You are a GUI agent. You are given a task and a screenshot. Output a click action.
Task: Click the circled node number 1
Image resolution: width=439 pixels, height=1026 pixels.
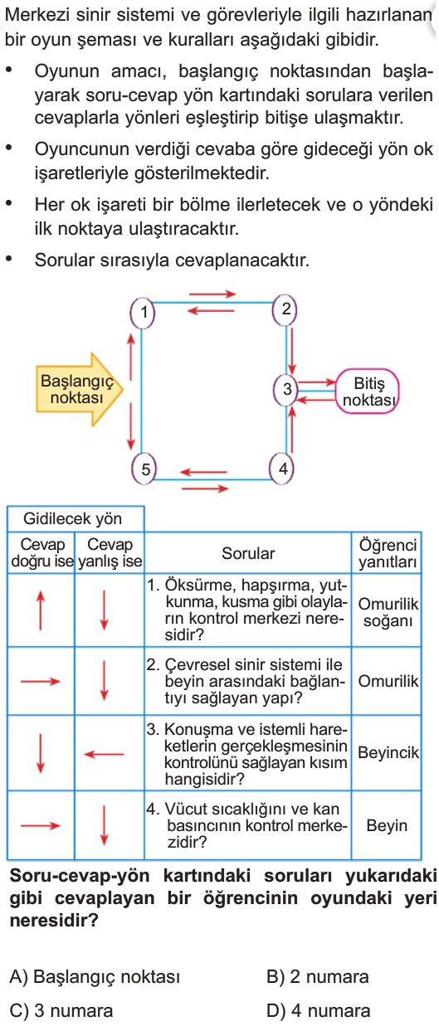click(x=143, y=313)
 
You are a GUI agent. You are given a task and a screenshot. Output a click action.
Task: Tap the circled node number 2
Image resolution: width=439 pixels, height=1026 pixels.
click(x=285, y=310)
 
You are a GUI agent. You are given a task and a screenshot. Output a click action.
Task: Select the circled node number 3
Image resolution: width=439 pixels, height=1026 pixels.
click(x=286, y=390)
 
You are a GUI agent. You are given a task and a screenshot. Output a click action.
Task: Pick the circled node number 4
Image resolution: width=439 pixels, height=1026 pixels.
click(x=282, y=469)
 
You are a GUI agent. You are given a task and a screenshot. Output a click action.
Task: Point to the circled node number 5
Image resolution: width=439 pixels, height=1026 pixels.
click(x=144, y=469)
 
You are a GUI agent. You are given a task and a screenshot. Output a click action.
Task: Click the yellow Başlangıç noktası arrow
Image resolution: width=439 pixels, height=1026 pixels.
click(x=80, y=389)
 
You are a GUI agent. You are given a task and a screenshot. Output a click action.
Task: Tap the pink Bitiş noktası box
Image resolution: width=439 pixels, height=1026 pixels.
click(x=368, y=391)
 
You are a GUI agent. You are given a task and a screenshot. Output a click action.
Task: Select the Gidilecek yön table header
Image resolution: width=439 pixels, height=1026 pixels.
click(x=73, y=519)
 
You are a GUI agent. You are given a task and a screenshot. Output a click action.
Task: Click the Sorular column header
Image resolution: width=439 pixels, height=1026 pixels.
click(x=248, y=553)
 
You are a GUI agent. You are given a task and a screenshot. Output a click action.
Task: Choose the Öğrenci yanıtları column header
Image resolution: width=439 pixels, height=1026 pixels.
click(x=388, y=553)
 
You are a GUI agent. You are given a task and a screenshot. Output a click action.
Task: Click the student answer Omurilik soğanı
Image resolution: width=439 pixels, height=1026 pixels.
click(x=388, y=612)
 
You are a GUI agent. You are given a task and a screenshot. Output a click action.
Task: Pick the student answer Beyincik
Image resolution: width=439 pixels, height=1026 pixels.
click(x=388, y=752)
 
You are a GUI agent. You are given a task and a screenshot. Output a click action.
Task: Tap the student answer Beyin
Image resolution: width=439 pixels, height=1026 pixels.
click(x=387, y=825)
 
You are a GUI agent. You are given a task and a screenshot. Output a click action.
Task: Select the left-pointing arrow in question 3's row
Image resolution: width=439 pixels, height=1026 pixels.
click(x=104, y=753)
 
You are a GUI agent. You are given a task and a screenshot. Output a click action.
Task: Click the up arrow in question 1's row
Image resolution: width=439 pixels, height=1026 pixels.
click(x=41, y=610)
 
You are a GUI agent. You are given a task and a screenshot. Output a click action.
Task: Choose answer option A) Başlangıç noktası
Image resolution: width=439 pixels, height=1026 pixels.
click(x=95, y=977)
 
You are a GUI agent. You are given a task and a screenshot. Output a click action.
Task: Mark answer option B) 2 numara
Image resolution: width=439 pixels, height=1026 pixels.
click(x=318, y=977)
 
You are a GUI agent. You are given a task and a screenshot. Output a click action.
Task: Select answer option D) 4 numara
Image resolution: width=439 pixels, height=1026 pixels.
click(x=318, y=1010)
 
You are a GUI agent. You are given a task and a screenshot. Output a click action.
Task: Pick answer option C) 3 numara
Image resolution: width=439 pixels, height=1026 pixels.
click(x=61, y=1010)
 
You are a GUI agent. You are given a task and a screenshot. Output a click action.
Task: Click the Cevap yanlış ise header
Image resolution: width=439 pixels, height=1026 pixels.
click(x=110, y=553)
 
